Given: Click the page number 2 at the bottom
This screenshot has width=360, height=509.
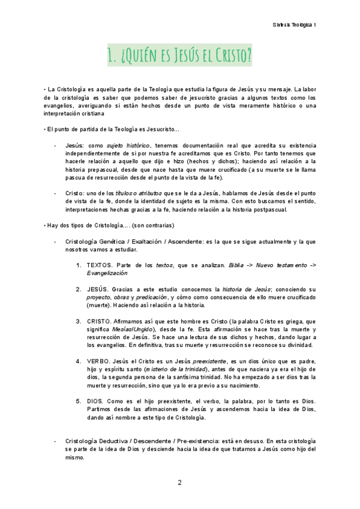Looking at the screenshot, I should pyautogui.click(x=179, y=483).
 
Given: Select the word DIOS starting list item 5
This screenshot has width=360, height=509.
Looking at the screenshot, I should pyautogui.click(x=97, y=400).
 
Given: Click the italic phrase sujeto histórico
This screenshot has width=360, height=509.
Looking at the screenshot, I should pyautogui.click(x=128, y=145).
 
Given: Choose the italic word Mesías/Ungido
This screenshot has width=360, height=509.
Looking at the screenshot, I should pyautogui.click(x=134, y=329).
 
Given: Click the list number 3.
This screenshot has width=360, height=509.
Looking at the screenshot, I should pyautogui.click(x=79, y=321).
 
